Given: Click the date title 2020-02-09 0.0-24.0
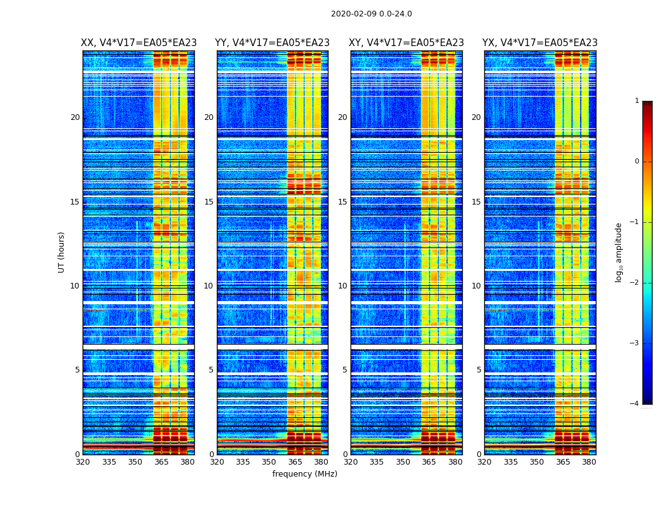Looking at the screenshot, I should pos(371,14).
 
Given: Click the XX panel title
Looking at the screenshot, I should pos(139,43).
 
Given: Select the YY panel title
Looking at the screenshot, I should pos(272,43).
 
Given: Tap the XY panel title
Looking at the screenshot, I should pos(407,43).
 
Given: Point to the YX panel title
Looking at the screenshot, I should pos(540,43).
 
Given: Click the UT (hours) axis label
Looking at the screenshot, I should pos(62,252).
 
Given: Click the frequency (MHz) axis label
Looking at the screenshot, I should pos(305,474).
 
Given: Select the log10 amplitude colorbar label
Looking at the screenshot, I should pos(619,252).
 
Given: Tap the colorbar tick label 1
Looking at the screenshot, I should pos(637,101).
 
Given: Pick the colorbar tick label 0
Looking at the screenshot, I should pos(637,162).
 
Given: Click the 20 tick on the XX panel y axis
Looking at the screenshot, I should pos(75,117).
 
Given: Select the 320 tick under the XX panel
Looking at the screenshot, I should pos(83,462).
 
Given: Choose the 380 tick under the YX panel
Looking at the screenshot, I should pos(589,462).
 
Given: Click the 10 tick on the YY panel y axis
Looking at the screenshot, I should pos(209,286).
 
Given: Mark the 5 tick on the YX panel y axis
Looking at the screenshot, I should pos(479,370).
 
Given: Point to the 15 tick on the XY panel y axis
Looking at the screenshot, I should pos(342,202).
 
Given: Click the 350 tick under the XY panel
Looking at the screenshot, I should pos(403,462).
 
